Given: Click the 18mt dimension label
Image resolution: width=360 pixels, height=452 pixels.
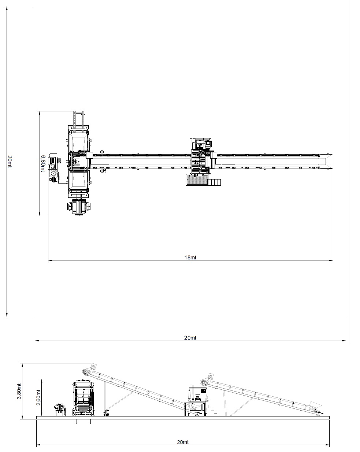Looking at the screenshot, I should point(190,258).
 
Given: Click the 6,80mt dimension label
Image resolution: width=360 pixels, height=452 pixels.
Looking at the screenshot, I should point(43,163).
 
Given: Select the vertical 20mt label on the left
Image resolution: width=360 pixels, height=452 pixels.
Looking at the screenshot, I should point(10,162).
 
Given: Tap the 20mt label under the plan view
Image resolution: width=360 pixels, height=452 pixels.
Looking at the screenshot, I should point(190,338).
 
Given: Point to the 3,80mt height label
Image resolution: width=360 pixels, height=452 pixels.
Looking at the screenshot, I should point(19,391).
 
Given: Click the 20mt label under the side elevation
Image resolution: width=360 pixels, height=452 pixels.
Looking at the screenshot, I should point(183,442).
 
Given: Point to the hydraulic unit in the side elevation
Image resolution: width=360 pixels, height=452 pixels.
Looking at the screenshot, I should point(59,409).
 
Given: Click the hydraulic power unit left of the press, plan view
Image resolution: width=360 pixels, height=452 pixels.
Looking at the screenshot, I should point(54,167).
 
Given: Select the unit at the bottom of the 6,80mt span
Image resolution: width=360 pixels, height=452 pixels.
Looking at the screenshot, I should point(78,207).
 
